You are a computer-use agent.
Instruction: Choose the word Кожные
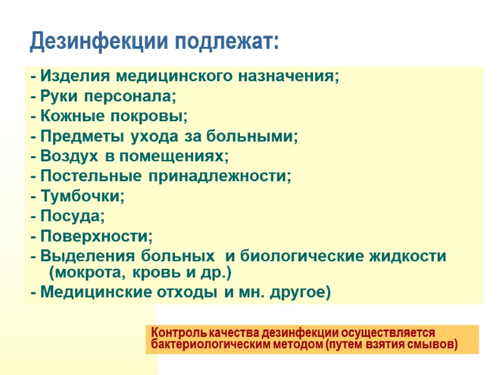[67, 116]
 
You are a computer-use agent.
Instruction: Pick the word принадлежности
[220, 176]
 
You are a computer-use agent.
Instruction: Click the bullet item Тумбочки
[82, 196]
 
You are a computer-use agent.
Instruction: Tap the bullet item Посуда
[72, 216]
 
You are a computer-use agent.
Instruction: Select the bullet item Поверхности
[96, 236]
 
